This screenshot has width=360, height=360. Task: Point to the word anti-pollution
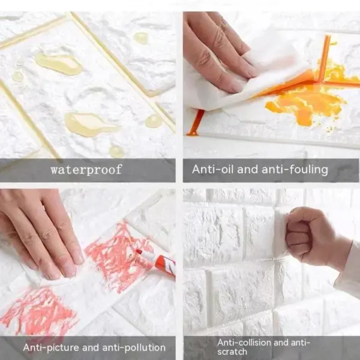pyautogui.click(x=133, y=347)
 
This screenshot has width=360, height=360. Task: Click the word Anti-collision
pyautogui.click(x=244, y=343)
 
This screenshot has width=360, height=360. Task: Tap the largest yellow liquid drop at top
pyautogui.click(x=58, y=63)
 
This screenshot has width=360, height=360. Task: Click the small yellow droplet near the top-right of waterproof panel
pyautogui.click(x=141, y=38)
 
